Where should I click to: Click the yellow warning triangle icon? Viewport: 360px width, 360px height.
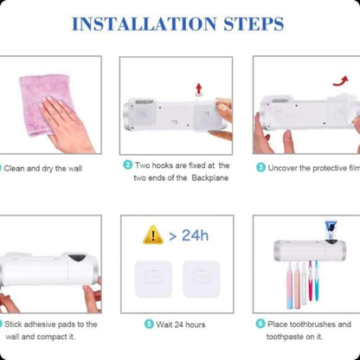[x=153, y=235]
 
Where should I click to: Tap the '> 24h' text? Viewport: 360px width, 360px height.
[x=189, y=235]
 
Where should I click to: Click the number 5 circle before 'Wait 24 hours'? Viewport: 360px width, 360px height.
[x=149, y=324]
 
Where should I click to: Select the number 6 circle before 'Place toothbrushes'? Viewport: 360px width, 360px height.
[x=260, y=324]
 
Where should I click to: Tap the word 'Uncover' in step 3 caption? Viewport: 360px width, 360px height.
[x=285, y=166]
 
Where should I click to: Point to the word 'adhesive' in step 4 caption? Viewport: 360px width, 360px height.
[x=42, y=325]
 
